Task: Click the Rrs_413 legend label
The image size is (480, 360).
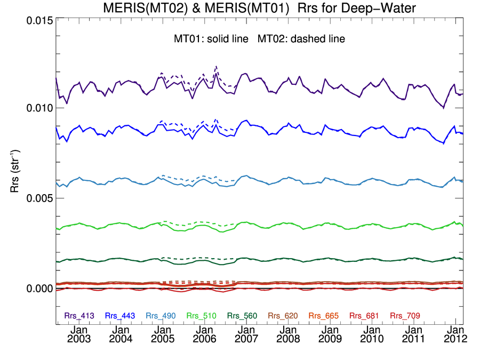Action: tap(79, 316)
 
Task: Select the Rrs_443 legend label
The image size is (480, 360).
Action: tap(120, 316)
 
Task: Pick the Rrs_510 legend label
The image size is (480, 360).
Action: tap(202, 316)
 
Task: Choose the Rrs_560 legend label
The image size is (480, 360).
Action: tap(242, 316)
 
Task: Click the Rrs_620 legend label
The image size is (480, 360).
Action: tap(283, 316)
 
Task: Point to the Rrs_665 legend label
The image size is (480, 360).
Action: tap(324, 316)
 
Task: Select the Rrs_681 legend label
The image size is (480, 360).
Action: tap(364, 316)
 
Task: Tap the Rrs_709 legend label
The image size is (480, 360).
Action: tap(405, 316)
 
